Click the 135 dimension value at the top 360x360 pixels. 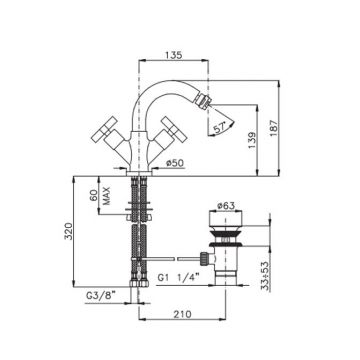coord(174,55)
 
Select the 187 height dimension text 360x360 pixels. coord(273,128)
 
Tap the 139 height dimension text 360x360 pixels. coord(251,141)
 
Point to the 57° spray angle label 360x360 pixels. coord(219,129)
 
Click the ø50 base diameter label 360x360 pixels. coord(175,163)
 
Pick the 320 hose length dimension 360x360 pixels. coord(68,231)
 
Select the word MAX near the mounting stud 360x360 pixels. coord(106,196)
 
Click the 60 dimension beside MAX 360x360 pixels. coord(94,195)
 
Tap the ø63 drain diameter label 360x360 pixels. coord(225,206)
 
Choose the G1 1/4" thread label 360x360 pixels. coord(178,278)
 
